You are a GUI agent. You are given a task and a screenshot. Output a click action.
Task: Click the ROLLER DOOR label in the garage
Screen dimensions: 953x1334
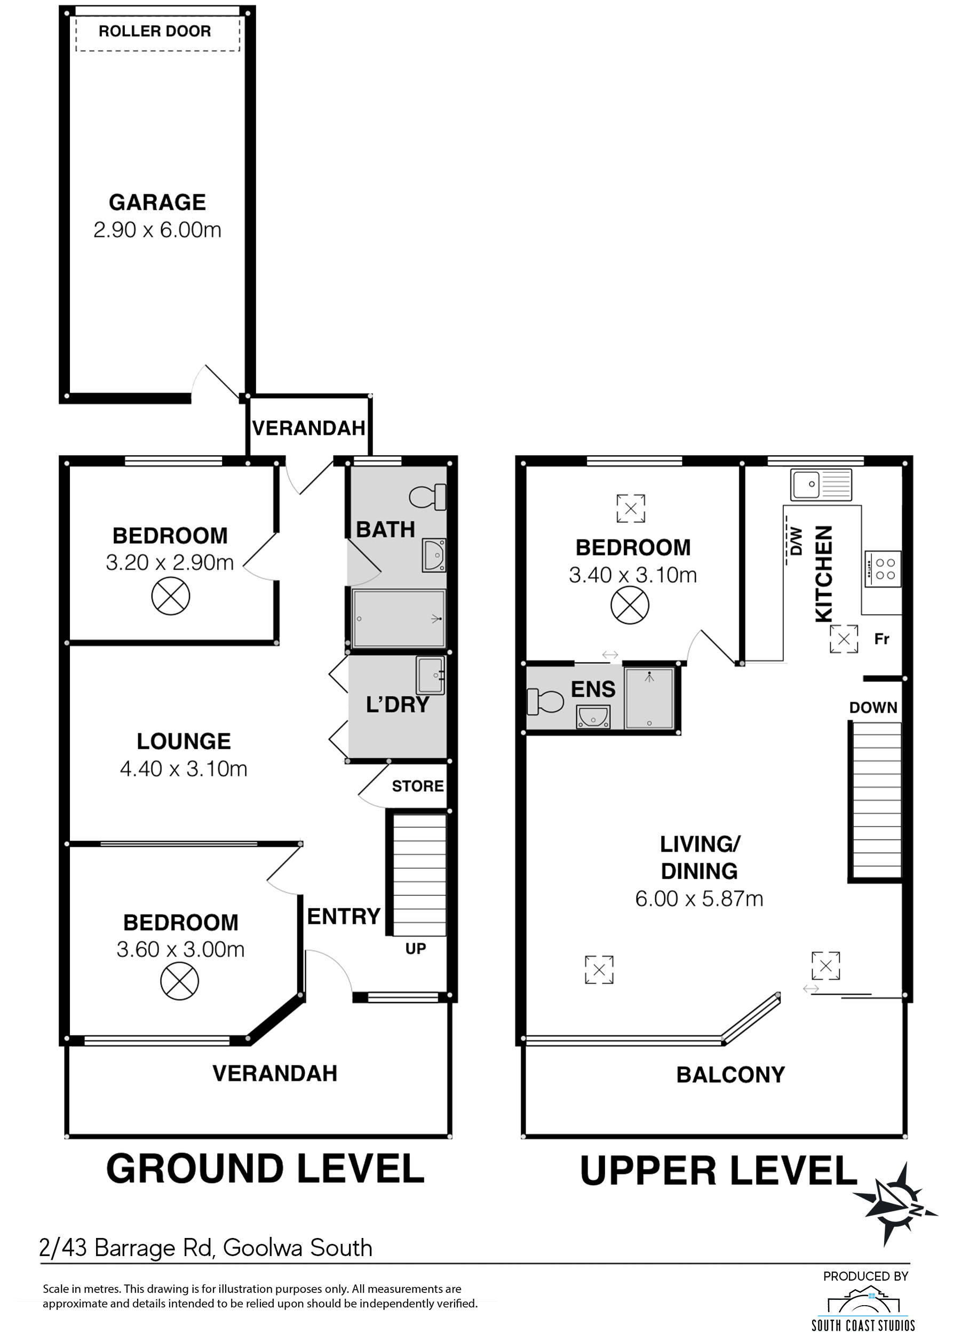point(154,31)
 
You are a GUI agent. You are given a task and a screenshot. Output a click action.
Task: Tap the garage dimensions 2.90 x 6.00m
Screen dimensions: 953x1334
point(157,229)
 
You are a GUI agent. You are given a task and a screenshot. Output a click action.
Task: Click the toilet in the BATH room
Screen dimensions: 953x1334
point(427,497)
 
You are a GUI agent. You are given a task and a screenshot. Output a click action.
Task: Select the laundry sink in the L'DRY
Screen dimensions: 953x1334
point(430,675)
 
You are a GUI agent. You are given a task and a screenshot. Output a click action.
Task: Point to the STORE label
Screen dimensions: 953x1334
point(418,786)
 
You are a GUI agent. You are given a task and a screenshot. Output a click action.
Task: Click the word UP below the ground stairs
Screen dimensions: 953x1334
point(416,948)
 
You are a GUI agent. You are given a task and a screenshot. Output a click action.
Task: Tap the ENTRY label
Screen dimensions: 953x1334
point(344,916)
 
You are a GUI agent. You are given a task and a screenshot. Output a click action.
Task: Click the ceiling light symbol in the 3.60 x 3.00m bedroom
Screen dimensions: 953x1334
point(180,981)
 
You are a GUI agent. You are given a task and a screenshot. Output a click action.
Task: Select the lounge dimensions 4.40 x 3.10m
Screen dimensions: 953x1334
point(184,769)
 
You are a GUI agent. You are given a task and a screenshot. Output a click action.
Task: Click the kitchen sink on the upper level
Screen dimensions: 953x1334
point(821,484)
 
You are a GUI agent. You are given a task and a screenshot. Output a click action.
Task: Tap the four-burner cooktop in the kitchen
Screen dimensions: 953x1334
point(883,569)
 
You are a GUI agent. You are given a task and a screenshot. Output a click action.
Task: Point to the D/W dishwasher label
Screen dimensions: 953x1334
point(796,541)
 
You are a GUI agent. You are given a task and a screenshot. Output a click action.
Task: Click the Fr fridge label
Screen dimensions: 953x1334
point(881,639)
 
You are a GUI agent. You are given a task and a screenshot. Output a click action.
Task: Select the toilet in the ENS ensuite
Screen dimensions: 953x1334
point(545,702)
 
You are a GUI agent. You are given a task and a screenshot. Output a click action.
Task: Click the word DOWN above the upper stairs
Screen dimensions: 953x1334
point(873,707)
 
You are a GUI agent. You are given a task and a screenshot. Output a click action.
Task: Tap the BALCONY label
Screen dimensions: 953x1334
point(730,1075)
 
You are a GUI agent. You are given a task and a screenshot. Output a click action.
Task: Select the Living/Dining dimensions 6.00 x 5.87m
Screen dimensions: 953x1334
point(699,899)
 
